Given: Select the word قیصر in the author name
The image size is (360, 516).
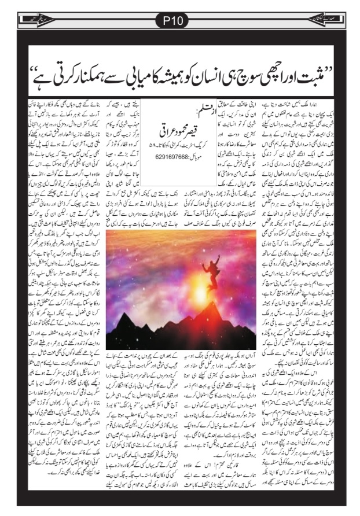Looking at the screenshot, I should [x=193, y=122].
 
